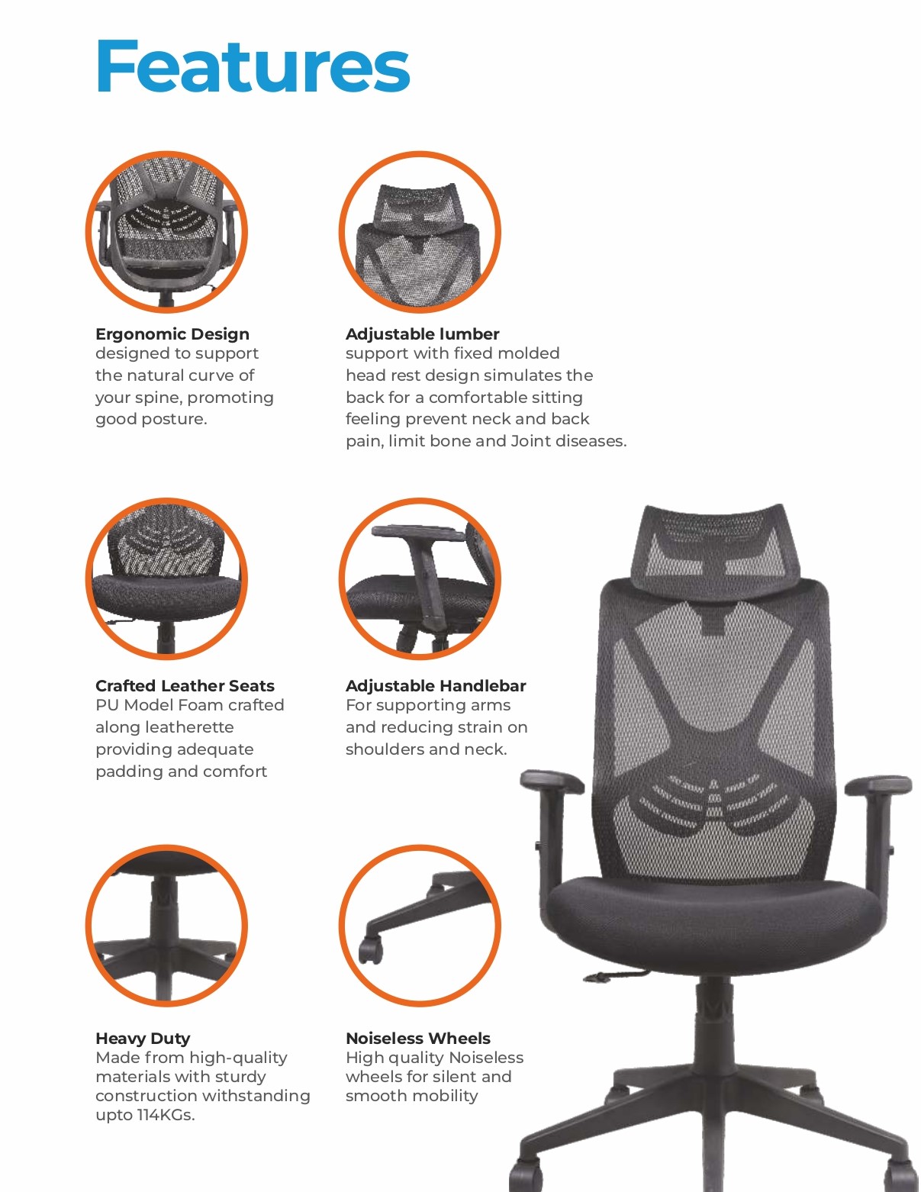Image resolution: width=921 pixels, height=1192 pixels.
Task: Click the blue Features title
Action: click(x=253, y=66)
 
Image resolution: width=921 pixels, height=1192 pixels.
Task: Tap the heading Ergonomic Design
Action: click(x=172, y=333)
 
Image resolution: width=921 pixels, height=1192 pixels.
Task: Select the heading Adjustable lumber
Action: click(x=423, y=333)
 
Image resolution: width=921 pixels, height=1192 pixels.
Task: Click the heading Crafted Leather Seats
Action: click(x=185, y=686)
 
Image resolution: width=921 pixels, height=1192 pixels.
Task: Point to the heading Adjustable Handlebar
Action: click(x=436, y=686)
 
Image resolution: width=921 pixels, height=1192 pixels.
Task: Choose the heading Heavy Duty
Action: click(x=143, y=1039)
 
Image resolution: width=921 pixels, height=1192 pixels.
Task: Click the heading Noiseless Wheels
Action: click(x=418, y=1038)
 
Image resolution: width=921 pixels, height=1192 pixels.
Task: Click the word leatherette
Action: click(x=165, y=727)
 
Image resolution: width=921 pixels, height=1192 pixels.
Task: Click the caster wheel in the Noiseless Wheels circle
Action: click(x=371, y=949)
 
